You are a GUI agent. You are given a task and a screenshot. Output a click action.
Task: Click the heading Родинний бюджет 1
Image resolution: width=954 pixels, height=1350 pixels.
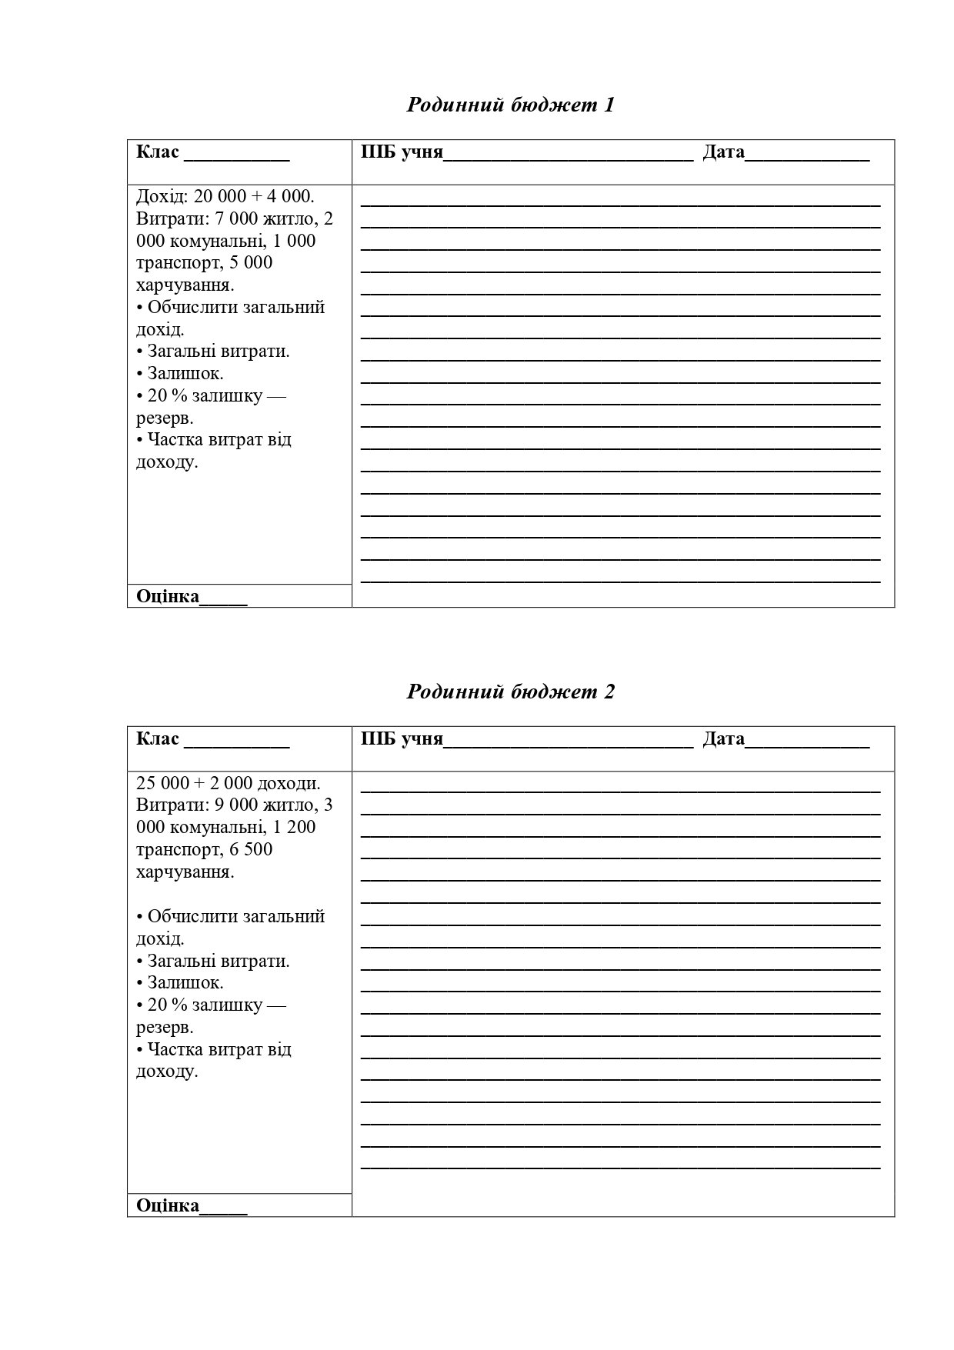click(x=510, y=105)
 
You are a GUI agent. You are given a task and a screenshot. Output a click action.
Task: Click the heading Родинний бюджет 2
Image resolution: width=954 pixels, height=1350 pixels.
click(x=510, y=692)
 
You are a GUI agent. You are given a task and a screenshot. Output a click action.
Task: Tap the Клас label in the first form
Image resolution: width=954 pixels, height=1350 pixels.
click(x=158, y=152)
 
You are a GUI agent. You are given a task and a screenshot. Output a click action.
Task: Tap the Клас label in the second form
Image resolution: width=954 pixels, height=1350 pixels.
click(x=158, y=739)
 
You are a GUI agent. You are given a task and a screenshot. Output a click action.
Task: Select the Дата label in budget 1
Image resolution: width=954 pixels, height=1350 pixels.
click(x=723, y=152)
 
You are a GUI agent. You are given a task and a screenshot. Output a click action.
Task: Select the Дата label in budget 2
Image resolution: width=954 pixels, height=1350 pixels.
click(x=723, y=739)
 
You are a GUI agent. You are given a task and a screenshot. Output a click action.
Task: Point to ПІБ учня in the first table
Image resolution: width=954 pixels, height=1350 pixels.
click(x=402, y=152)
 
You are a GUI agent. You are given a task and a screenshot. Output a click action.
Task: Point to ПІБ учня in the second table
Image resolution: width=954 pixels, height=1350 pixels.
click(x=402, y=739)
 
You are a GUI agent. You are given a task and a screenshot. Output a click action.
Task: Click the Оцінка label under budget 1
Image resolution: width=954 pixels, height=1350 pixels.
click(x=168, y=596)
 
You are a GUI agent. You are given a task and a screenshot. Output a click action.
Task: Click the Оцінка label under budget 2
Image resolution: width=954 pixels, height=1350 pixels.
click(x=168, y=1205)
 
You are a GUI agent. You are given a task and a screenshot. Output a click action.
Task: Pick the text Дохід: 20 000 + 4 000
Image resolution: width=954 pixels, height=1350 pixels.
click(x=225, y=196)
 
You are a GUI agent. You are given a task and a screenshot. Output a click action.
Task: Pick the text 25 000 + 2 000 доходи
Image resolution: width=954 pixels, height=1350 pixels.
click(x=228, y=783)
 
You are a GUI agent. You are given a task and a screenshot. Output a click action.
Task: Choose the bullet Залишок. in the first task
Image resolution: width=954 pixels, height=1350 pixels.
click(x=185, y=374)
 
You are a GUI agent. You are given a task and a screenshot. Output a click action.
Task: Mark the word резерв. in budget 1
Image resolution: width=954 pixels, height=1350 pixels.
click(x=165, y=418)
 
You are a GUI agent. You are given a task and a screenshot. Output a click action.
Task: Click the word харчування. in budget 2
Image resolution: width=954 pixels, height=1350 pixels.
click(x=185, y=872)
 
